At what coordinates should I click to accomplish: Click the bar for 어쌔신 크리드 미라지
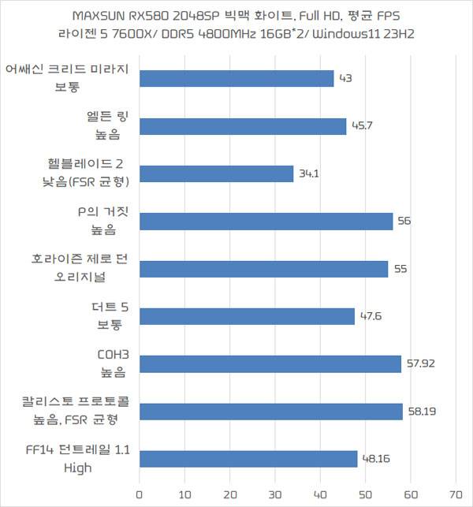[x=236, y=79]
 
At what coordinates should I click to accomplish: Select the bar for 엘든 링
[x=243, y=126]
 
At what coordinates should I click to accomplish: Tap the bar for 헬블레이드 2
[x=217, y=173]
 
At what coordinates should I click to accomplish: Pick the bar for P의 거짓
[x=266, y=222]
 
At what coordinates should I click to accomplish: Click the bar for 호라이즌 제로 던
[x=263, y=269]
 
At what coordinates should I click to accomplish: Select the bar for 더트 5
[x=247, y=316]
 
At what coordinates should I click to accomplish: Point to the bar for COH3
[x=270, y=363]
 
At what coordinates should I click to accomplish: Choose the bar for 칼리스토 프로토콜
[x=271, y=411]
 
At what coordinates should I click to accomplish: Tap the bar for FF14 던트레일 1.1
[x=248, y=459]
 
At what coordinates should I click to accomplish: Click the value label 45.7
[x=362, y=126]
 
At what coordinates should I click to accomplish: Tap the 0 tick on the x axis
[x=140, y=497]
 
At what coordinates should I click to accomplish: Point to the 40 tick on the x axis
[x=320, y=497]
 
